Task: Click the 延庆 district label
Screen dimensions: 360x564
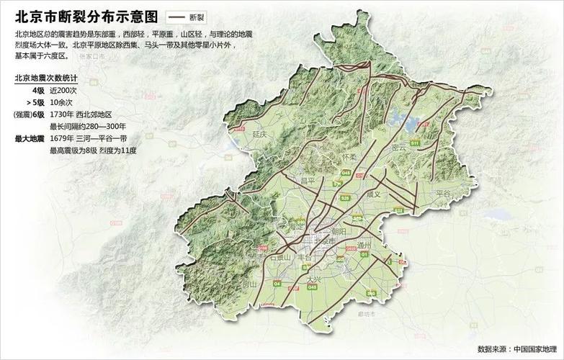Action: point(260,134)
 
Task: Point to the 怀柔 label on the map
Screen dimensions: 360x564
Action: point(350,156)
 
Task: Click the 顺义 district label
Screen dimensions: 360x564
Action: point(372,194)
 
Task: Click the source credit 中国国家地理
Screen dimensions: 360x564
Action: point(537,349)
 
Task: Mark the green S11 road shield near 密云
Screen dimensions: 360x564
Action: point(415,144)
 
